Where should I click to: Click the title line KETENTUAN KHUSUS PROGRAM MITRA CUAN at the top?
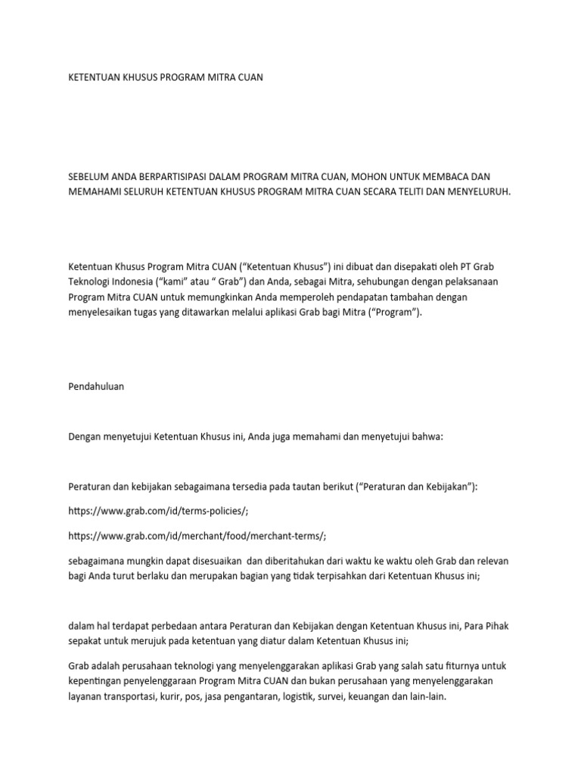[166, 78]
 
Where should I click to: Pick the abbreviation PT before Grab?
[472, 268]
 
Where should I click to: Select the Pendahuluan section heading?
[96, 386]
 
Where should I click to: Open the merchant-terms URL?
[197, 536]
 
